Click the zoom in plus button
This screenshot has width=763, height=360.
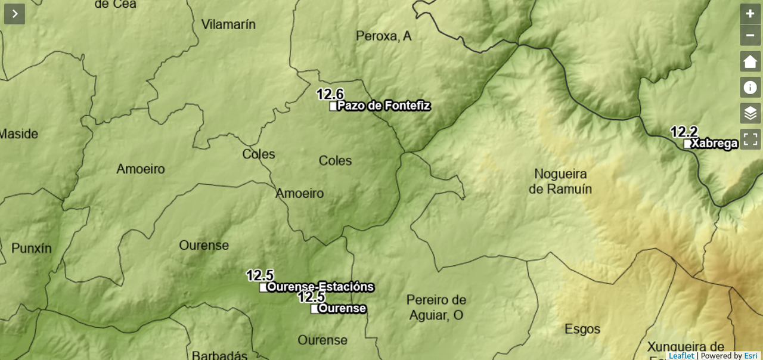(750, 14)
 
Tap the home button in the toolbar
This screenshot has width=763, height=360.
(750, 61)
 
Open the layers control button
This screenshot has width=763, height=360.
(750, 113)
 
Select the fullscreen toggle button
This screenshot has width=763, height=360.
(750, 139)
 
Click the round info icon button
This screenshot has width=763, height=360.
(750, 88)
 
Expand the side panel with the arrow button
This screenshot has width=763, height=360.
(14, 14)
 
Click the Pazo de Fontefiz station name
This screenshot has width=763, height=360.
(384, 106)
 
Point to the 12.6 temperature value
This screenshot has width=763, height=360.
(330, 94)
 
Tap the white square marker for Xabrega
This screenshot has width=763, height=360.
(687, 144)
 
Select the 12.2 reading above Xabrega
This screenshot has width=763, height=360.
(684, 132)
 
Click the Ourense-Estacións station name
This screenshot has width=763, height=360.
(321, 287)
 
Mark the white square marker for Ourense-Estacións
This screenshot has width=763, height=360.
(263, 287)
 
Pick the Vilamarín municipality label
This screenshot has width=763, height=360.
(228, 24)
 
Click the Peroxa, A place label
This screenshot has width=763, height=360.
(384, 36)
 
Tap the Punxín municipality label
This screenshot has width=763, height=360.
(32, 249)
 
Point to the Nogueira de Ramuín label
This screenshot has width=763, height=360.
(560, 181)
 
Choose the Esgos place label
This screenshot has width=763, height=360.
(582, 329)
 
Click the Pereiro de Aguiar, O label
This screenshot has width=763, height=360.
(436, 308)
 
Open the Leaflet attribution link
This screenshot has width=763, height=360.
(681, 356)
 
